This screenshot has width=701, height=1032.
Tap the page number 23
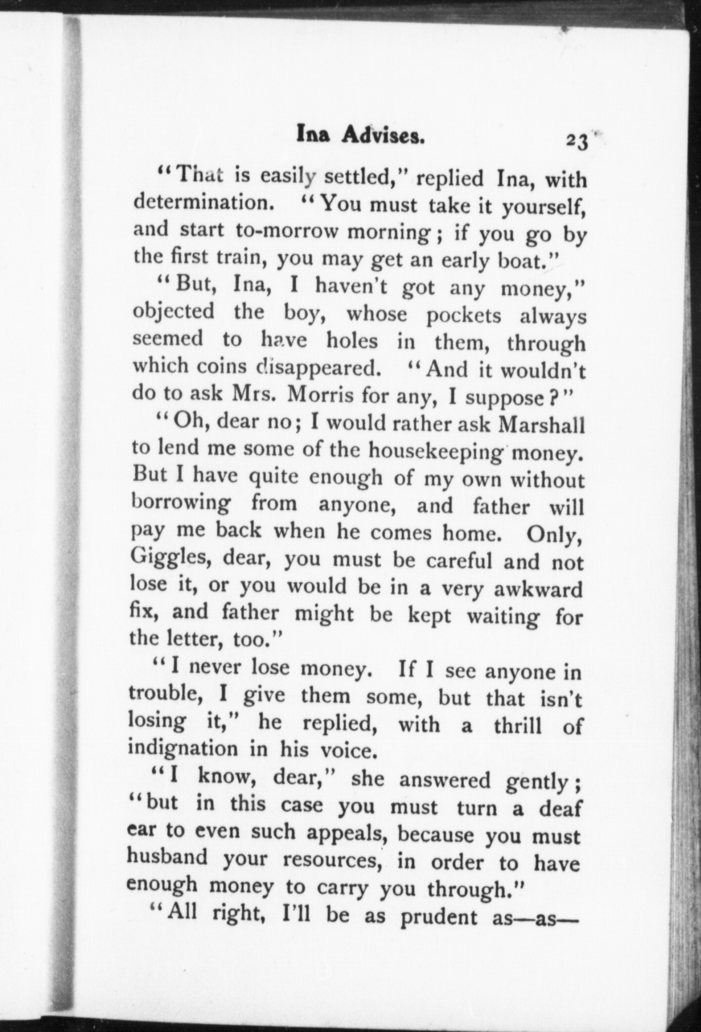[x=577, y=141]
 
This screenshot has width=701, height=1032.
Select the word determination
[x=204, y=203]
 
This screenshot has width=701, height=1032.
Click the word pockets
[x=463, y=315]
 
